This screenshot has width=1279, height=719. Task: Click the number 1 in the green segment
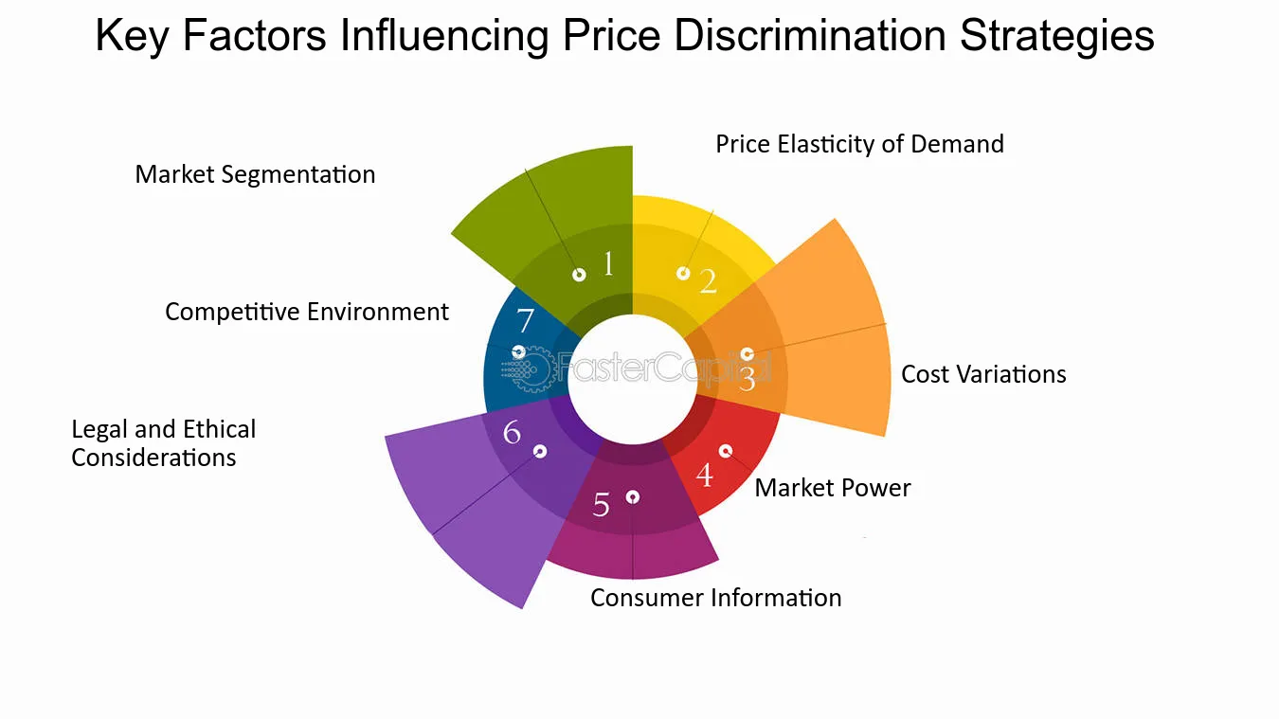pyautogui.click(x=608, y=264)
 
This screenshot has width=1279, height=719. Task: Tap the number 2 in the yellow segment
pyautogui.click(x=708, y=280)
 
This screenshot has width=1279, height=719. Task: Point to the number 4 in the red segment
pyautogui.click(x=704, y=475)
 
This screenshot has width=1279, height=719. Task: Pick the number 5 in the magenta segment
pyautogui.click(x=602, y=505)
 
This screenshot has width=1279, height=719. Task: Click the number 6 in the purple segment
pyautogui.click(x=513, y=433)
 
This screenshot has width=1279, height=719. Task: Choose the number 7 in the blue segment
pyautogui.click(x=525, y=321)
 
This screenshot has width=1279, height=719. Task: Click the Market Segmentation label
pyautogui.click(x=255, y=174)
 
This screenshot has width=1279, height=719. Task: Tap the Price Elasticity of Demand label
pyautogui.click(x=859, y=144)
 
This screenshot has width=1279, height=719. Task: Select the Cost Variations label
pyautogui.click(x=983, y=374)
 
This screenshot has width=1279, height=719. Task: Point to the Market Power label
pyautogui.click(x=833, y=488)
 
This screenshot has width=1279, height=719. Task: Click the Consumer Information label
pyautogui.click(x=715, y=598)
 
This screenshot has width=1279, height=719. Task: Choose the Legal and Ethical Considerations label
pyautogui.click(x=163, y=443)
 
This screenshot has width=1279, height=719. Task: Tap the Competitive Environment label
pyautogui.click(x=307, y=312)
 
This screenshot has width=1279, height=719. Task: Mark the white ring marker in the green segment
pyautogui.click(x=579, y=275)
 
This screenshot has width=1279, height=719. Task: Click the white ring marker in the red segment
pyautogui.click(x=726, y=451)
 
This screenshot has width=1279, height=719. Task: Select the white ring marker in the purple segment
pyautogui.click(x=540, y=451)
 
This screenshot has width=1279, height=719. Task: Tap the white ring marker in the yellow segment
pyautogui.click(x=683, y=273)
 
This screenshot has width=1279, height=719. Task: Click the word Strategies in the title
pyautogui.click(x=1056, y=36)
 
